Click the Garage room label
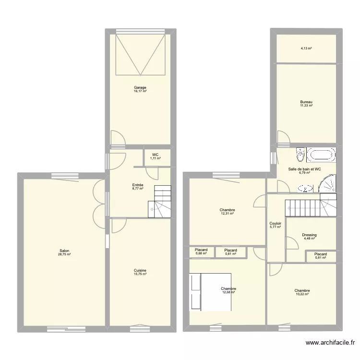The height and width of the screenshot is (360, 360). (x=140, y=88)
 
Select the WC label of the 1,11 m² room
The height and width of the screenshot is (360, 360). (x=155, y=155)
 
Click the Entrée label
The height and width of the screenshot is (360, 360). (x=138, y=185)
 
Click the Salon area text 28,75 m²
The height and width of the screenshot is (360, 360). (x=65, y=254)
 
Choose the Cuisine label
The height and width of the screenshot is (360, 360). (x=140, y=270)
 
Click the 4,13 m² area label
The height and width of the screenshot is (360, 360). (x=306, y=48)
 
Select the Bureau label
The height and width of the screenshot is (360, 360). (x=306, y=102)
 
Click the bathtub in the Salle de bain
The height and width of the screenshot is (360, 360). (x=321, y=155)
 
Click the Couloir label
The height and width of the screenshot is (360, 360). (x=276, y=223)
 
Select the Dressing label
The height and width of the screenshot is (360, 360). (x=310, y=235)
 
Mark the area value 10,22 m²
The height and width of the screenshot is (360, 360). (x=302, y=294)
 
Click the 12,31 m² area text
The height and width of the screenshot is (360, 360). (x=227, y=214)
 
